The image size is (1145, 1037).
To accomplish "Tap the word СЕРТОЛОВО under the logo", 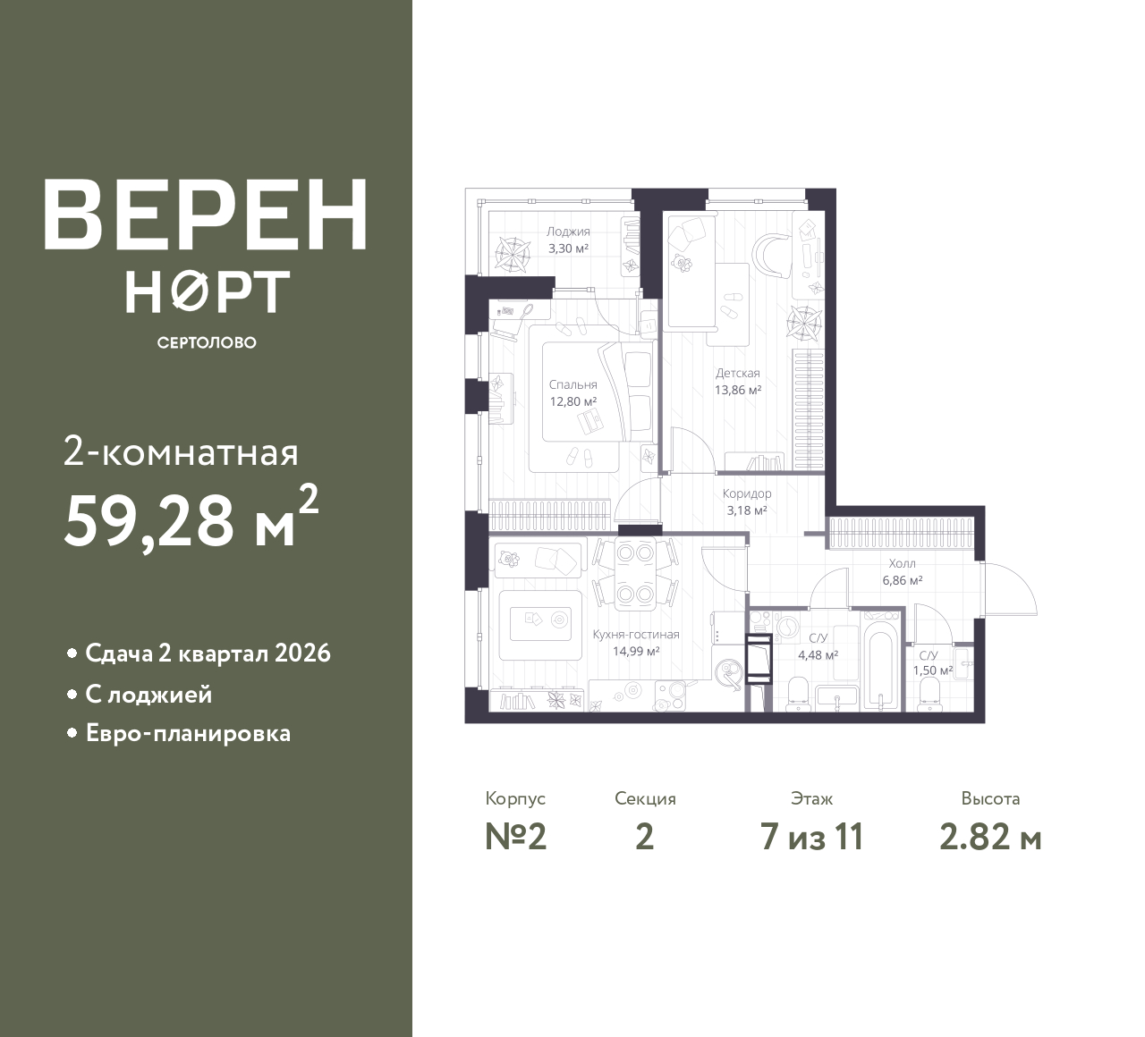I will click(207, 342).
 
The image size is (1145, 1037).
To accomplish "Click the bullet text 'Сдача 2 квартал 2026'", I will click(208, 653).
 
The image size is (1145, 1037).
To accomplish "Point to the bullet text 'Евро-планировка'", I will click(188, 734).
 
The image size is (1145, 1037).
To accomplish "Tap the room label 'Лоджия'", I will click(568, 232).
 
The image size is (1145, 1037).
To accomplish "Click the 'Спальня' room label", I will click(572, 385).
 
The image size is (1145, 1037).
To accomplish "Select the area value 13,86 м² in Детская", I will click(737, 390).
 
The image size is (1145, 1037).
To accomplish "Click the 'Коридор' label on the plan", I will click(747, 493).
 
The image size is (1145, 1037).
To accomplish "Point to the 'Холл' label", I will click(902, 564).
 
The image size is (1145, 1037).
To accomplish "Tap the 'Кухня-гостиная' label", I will click(636, 635).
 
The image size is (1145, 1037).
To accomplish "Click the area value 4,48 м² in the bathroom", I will click(818, 654).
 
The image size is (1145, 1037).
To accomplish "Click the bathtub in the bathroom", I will click(880, 666).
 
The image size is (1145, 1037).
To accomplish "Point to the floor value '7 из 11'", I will click(811, 838).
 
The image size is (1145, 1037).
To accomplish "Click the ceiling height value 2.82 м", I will click(990, 838).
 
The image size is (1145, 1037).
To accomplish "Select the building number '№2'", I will click(515, 838).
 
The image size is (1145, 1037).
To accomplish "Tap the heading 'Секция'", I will click(645, 799).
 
